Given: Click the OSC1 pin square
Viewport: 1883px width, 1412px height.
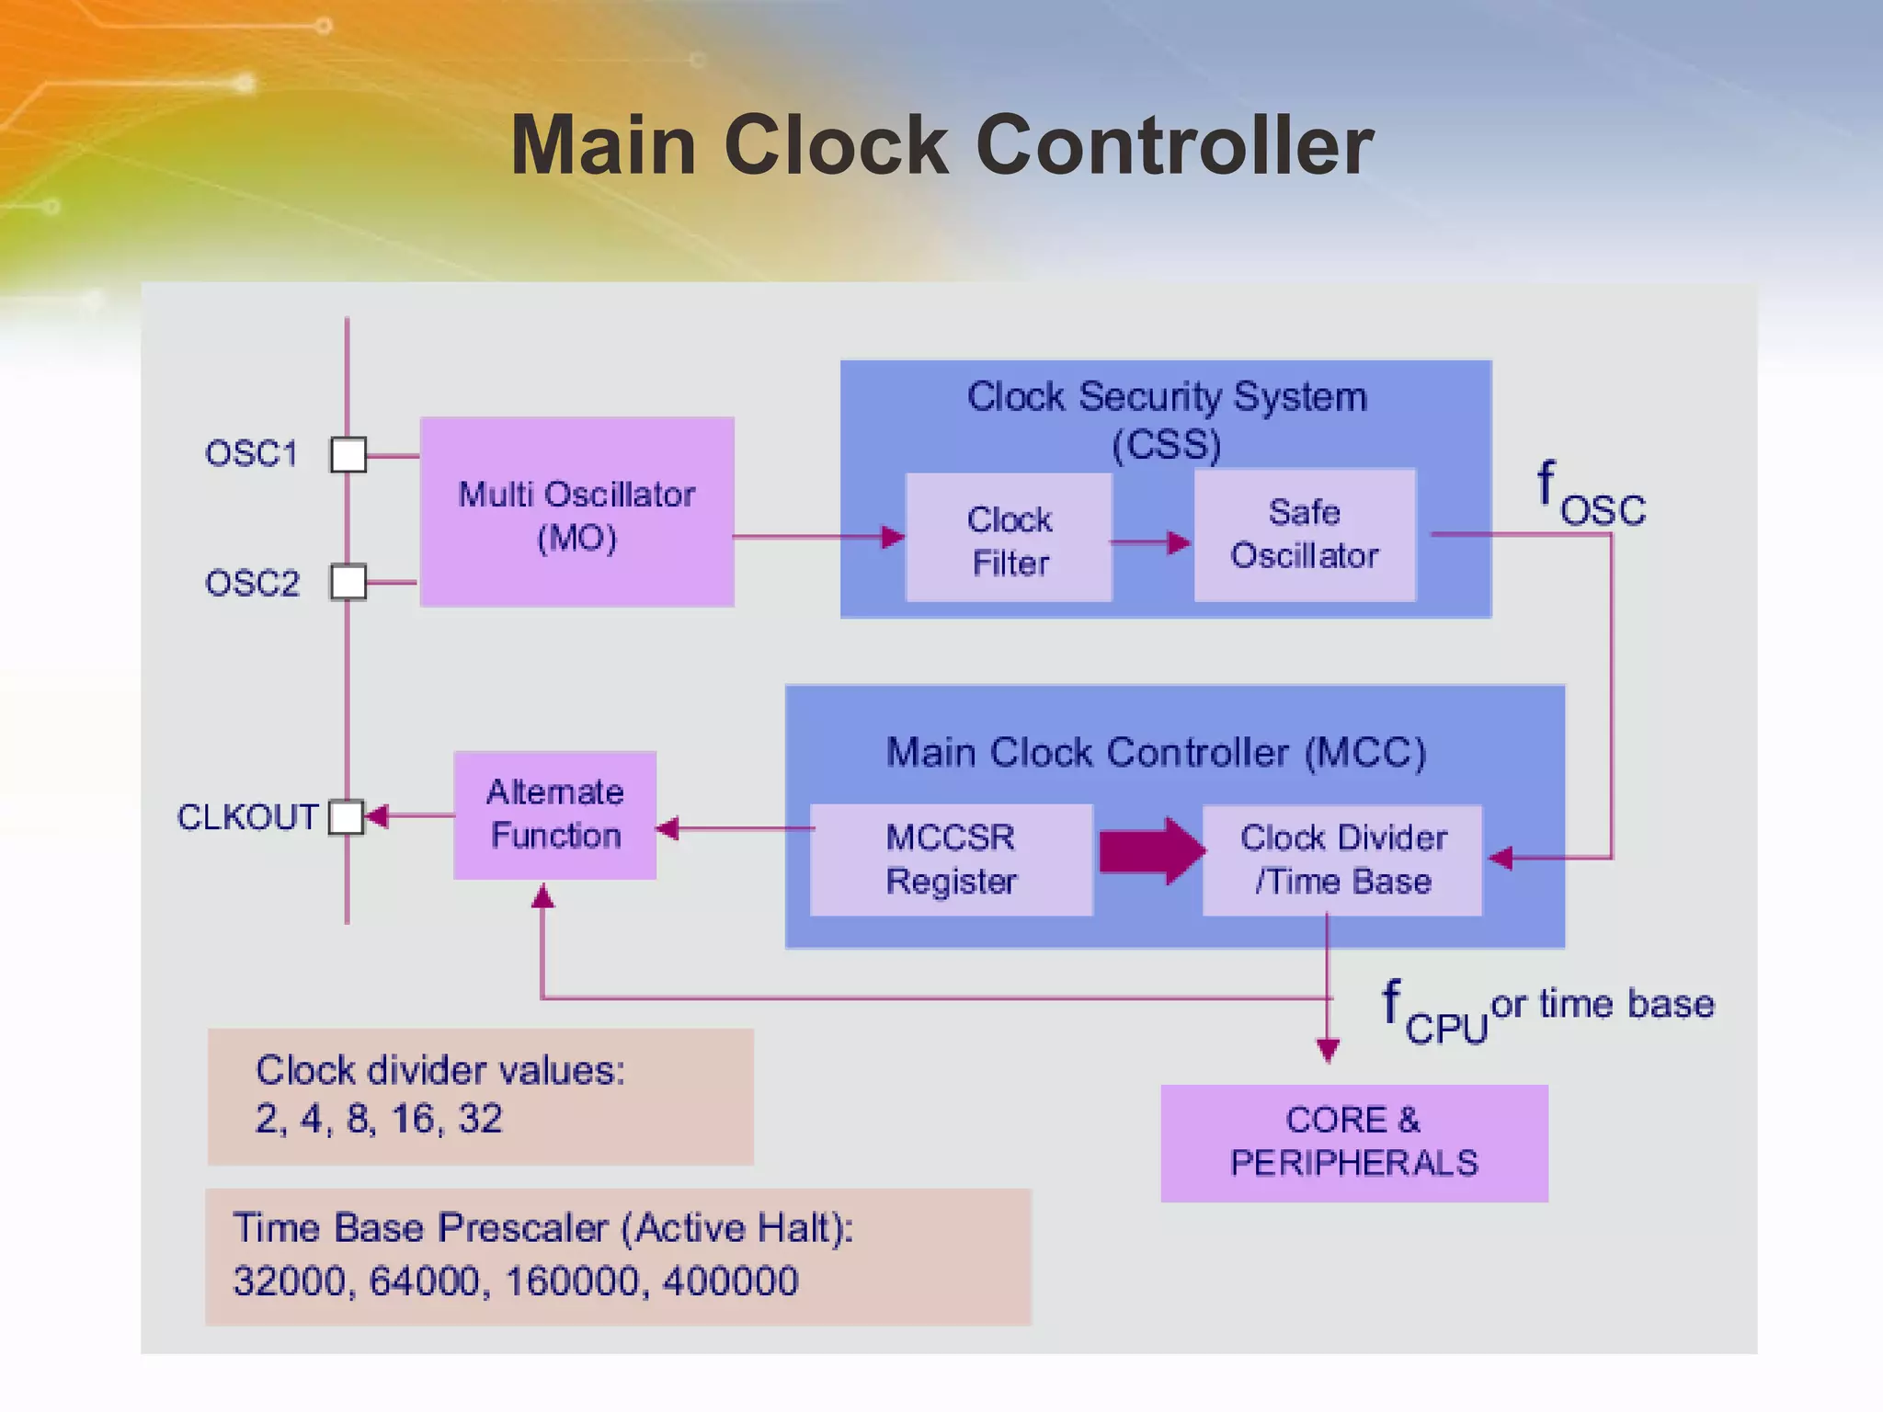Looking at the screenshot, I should click(x=348, y=455).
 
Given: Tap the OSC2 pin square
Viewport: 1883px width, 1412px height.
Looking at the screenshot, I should click(x=348, y=582).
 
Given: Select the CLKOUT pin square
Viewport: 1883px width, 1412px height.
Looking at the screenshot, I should click(x=347, y=816).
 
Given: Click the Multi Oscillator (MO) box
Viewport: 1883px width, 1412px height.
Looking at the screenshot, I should click(x=576, y=512).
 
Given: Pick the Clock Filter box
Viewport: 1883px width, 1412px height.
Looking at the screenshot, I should click(x=1009, y=539).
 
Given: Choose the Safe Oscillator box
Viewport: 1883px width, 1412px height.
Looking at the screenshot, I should click(x=1304, y=535).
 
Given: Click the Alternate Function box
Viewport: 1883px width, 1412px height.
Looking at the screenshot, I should click(x=555, y=814).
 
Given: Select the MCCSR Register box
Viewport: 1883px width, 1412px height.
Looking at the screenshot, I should click(x=951, y=860).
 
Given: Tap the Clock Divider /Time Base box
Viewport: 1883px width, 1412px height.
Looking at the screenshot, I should click(x=1342, y=860).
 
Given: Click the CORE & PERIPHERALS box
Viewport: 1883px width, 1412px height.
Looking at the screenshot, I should click(x=1353, y=1143).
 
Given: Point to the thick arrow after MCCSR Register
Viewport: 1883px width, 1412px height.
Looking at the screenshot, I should click(x=1151, y=851).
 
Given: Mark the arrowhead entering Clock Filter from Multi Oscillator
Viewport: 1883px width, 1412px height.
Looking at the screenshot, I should click(x=892, y=537).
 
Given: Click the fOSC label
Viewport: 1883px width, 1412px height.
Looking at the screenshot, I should click(x=1590, y=496).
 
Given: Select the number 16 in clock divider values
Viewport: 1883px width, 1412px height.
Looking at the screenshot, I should click(x=412, y=1119).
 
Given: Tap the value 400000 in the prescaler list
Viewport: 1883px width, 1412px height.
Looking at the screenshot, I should click(x=730, y=1281).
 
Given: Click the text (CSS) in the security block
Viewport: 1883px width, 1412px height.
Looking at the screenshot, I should click(x=1166, y=445).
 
